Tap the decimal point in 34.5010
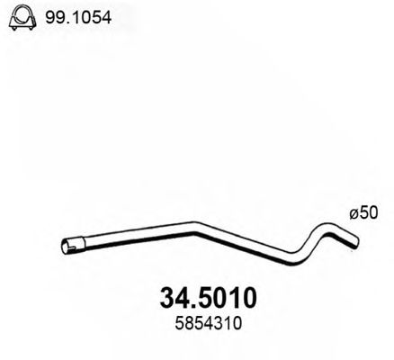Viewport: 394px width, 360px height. pos(185,300)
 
